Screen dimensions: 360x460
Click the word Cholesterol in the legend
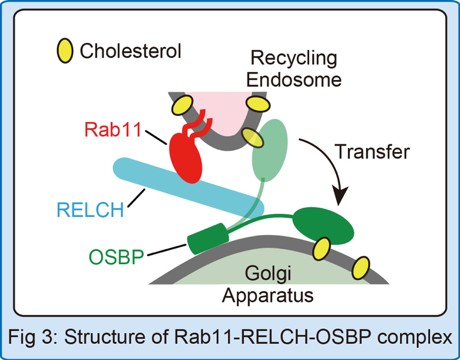point(130,51)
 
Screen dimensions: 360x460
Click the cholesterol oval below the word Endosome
point(258,104)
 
